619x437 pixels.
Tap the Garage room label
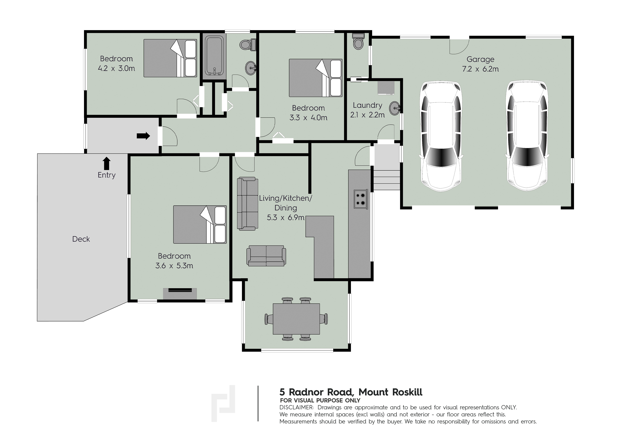coord(480,59)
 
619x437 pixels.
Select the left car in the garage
coord(440,136)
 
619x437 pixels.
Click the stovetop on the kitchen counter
coord(360,199)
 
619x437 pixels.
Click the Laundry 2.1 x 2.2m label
coord(367,110)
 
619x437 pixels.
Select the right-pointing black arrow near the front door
coord(143,136)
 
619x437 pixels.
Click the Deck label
coord(81,239)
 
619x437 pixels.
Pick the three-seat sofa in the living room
coord(247,204)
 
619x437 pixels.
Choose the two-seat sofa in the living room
coord(266,256)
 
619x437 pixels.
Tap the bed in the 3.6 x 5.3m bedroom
coord(200,224)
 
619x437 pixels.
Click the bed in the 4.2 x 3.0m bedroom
coord(170,58)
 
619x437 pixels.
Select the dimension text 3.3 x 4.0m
coord(308,118)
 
